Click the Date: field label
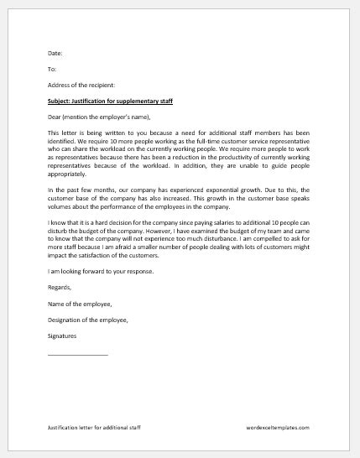[55, 52]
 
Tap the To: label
[52, 69]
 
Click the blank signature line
[78, 354]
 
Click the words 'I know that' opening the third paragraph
[64, 239]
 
